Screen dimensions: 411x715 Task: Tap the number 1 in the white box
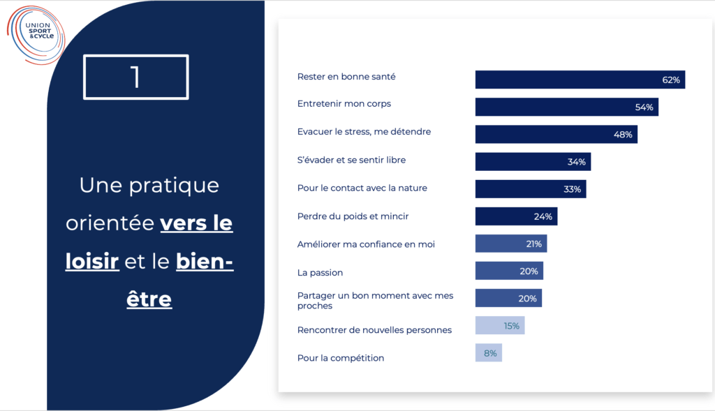tap(135, 77)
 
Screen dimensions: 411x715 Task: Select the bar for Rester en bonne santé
tap(580, 80)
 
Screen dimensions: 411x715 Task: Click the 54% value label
tap(644, 107)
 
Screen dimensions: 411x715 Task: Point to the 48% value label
tap(623, 135)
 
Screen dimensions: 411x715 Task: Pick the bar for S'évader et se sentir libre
tap(533, 162)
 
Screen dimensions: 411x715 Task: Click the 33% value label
tap(572, 189)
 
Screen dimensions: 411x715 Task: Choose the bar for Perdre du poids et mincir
tap(516, 216)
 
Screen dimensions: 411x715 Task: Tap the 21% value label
tap(534, 244)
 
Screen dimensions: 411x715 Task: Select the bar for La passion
tap(509, 271)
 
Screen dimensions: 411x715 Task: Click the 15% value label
tap(512, 326)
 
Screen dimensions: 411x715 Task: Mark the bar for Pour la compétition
tap(488, 353)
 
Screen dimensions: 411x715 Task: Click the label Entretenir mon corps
tap(344, 104)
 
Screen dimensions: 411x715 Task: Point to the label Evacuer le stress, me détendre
tap(364, 132)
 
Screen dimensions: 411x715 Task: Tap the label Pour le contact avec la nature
tap(362, 188)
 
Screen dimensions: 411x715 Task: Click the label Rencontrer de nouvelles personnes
tap(374, 330)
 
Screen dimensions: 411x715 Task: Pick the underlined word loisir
tap(93, 262)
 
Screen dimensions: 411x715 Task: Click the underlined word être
tap(149, 299)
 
